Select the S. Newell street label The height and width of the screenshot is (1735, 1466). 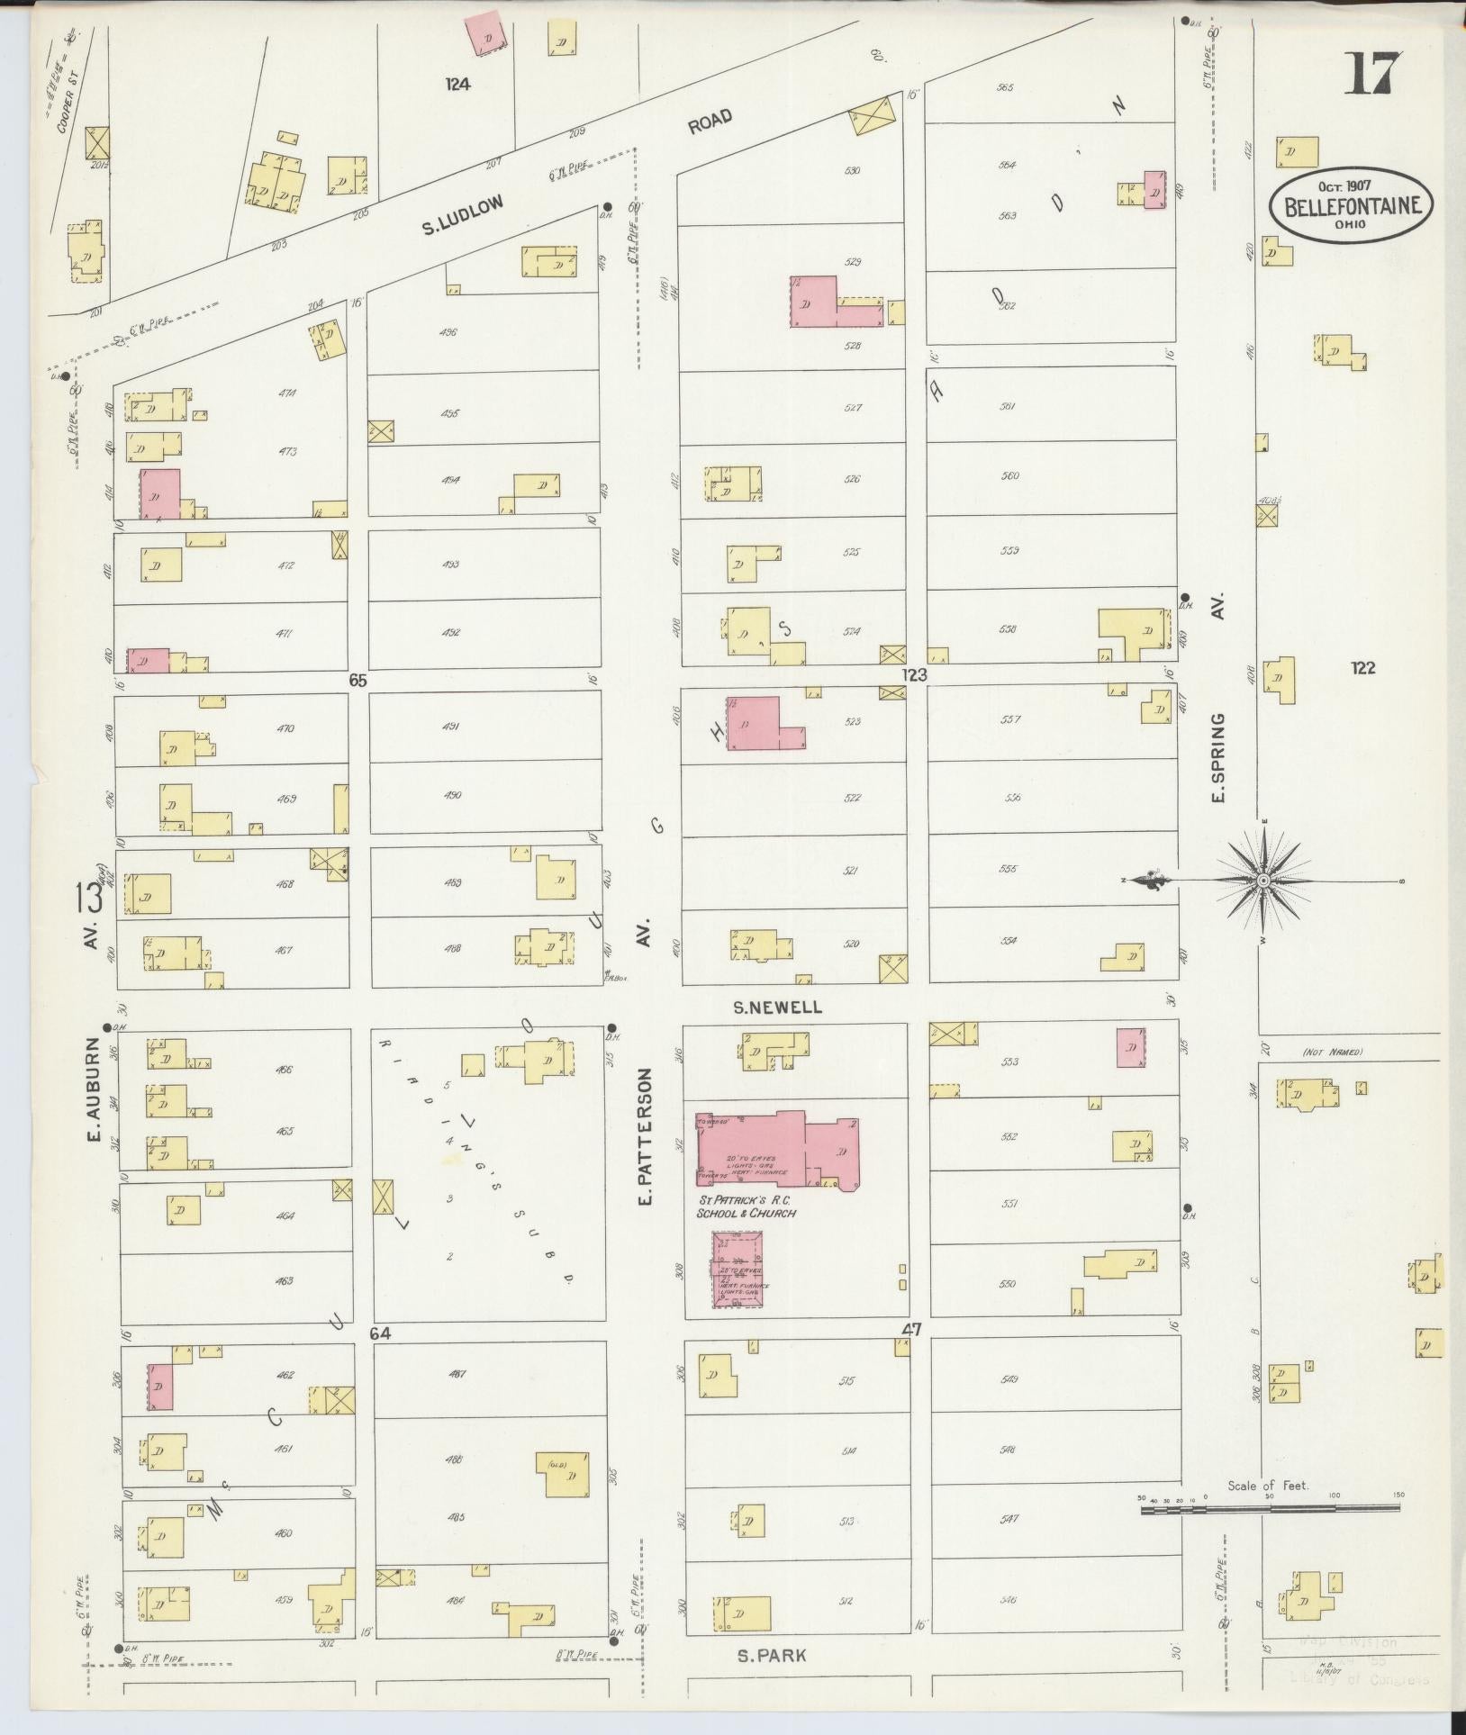tap(777, 1008)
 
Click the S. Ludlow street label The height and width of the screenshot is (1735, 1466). tap(462, 216)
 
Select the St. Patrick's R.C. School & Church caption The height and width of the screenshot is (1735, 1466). tap(746, 1207)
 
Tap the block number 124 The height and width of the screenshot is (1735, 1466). tap(457, 85)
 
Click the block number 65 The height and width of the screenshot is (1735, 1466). tap(357, 682)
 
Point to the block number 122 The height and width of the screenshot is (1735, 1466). tap(1363, 667)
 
